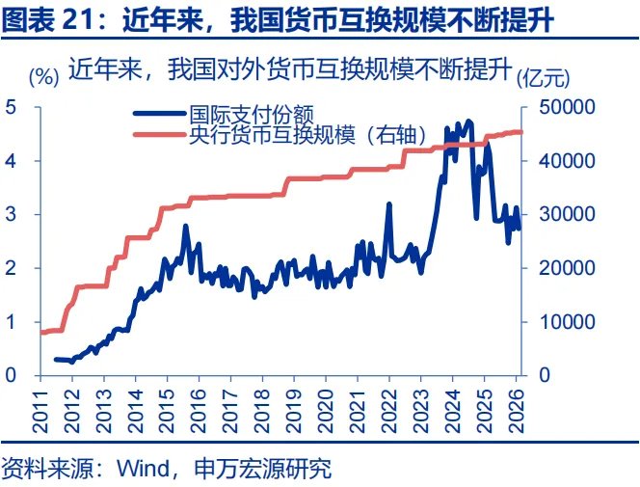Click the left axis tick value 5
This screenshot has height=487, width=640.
(x=11, y=106)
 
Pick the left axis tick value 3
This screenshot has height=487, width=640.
(x=11, y=214)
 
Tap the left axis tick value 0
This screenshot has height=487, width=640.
(x=11, y=375)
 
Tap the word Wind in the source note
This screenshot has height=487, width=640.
(x=140, y=470)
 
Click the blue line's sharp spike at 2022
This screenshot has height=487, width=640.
(x=388, y=204)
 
